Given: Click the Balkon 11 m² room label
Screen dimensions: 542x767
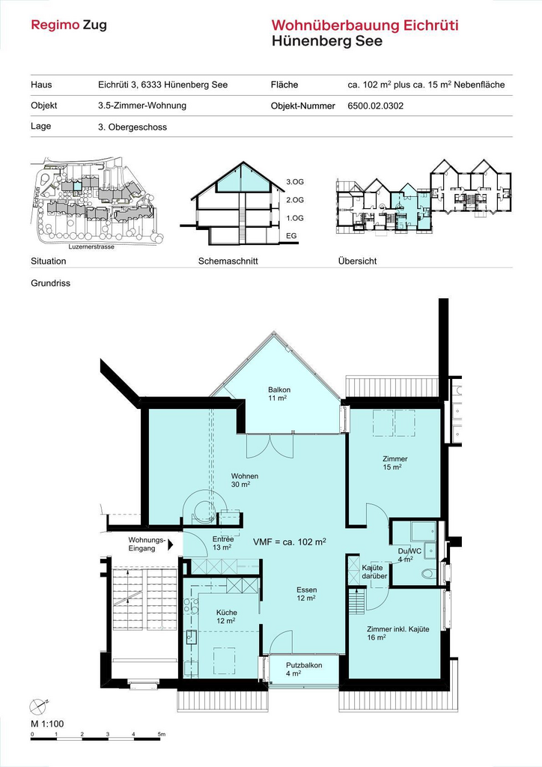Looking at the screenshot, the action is point(279,394).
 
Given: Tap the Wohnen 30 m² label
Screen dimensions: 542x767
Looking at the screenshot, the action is point(244,480).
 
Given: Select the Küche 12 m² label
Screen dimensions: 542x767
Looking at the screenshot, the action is point(226,616).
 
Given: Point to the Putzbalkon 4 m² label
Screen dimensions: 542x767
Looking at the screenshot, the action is point(303,669).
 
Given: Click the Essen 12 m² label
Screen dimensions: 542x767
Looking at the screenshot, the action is point(306,594).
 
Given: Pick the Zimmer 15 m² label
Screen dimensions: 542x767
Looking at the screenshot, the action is point(395,463).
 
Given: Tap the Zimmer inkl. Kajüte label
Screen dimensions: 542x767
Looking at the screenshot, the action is point(398,629).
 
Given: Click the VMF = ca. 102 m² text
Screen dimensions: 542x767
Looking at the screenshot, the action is point(290,542).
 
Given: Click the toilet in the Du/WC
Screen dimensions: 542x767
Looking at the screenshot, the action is point(429,573).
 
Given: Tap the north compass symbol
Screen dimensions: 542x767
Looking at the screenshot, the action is point(39,705).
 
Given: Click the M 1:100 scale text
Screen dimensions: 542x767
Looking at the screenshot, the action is point(47,724).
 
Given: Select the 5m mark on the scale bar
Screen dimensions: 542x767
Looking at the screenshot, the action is point(161,734).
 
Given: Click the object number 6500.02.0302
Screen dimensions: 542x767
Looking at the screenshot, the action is point(375,106).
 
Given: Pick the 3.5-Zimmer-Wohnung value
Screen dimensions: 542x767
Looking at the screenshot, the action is point(142,106).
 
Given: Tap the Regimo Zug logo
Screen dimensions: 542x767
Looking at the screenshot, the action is point(68,25).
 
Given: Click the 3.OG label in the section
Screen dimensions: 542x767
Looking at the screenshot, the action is point(295,182).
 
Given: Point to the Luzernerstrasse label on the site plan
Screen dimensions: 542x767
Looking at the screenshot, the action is point(91,246).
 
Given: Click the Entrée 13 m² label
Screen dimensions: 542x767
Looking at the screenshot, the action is point(223,543).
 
